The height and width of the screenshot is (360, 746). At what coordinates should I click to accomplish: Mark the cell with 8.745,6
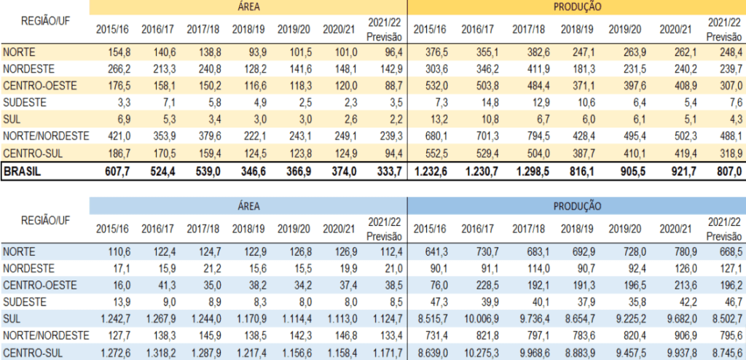coord(726,351)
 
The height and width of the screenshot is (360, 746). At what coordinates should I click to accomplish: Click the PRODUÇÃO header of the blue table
coord(576,206)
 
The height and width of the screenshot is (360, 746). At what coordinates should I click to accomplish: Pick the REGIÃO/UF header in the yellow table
coord(44,23)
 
